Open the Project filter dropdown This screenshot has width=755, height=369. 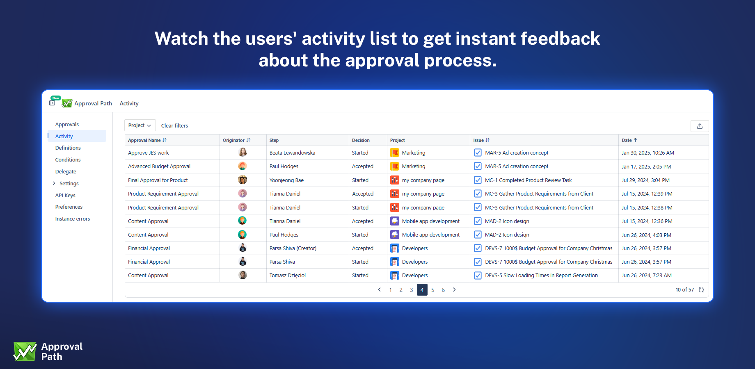(140, 125)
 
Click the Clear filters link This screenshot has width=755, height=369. (174, 126)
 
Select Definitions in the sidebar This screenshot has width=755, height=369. (68, 148)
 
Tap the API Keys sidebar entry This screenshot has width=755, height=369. (65, 196)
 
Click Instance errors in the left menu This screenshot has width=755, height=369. (73, 219)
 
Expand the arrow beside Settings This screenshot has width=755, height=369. (54, 183)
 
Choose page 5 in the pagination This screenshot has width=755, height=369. (432, 290)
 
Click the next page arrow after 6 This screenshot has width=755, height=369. (454, 290)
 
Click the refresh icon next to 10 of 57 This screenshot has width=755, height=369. (701, 290)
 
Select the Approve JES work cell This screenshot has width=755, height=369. (149, 153)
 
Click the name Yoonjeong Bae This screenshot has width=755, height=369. (286, 180)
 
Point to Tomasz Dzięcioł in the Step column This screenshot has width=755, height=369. (288, 276)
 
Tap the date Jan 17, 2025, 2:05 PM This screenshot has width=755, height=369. (646, 167)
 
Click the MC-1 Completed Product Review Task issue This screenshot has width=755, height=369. (528, 180)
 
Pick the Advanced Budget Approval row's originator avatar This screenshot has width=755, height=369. (243, 166)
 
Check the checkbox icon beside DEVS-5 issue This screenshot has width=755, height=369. (478, 276)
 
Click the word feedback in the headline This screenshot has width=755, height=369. (560, 39)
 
